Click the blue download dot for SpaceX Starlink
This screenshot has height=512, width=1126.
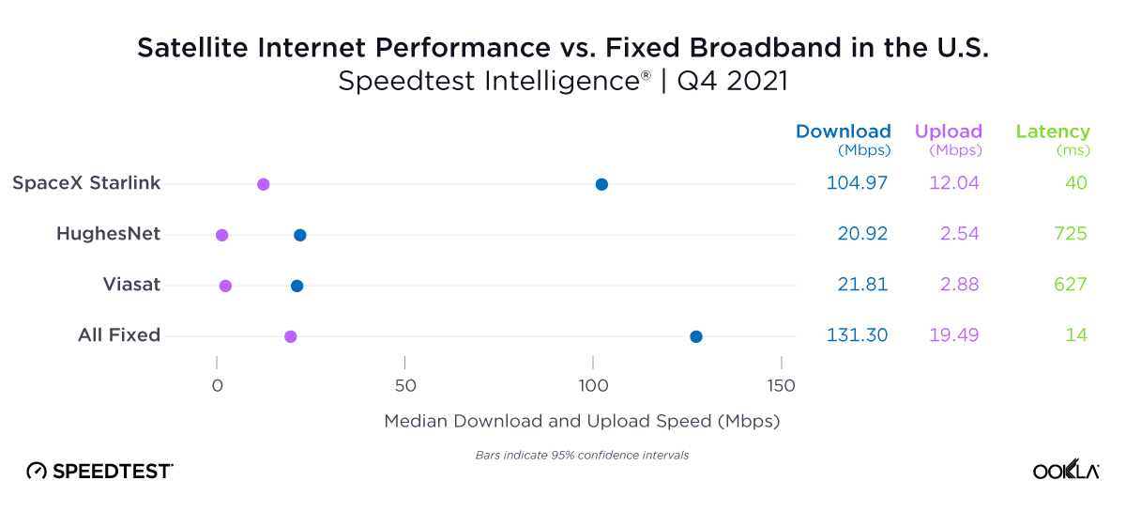pos(601,184)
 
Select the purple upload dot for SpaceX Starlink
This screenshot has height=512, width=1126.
pos(264,184)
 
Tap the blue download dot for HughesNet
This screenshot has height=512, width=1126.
pos(300,235)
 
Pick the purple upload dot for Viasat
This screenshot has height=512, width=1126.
pos(225,286)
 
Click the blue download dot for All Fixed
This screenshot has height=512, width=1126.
pos(696,336)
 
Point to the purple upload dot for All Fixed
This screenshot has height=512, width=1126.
pos(291,336)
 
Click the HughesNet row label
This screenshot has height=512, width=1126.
pos(108,234)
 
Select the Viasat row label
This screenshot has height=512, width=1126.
pos(131,285)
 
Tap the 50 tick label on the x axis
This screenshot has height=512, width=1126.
pos(404,386)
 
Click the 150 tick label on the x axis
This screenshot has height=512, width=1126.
pos(781,386)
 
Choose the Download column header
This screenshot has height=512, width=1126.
pos(843,132)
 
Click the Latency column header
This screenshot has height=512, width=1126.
pos(1053,132)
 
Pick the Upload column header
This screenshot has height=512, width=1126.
pos(948,132)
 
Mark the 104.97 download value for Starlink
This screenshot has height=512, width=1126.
pos(857,183)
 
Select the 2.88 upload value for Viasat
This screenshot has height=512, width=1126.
pos(953,285)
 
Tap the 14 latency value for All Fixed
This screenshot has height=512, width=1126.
pos(1076,335)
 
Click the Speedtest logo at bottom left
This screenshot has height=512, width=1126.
pos(99,471)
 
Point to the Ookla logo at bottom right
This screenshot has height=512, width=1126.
pos(1065,471)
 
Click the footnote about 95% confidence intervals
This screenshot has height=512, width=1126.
pos(582,456)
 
